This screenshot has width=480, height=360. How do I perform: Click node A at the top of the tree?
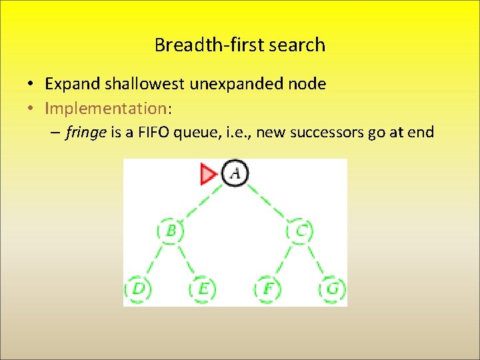tap(234, 174)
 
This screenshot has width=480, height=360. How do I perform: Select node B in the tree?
tap(171, 231)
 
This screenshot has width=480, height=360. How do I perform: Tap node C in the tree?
tap(301, 231)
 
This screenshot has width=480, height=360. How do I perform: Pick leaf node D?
tap(138, 289)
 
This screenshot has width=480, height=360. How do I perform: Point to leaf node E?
tap(203, 289)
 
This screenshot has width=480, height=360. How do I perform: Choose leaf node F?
tap(267, 289)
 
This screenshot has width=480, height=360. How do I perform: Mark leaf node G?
tap(332, 289)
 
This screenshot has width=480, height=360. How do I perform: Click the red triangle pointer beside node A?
tap(209, 175)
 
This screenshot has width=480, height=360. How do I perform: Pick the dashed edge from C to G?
tap(317, 260)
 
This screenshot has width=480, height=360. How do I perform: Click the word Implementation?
tap(105, 108)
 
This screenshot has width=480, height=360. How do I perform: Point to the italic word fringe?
tap(86, 133)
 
